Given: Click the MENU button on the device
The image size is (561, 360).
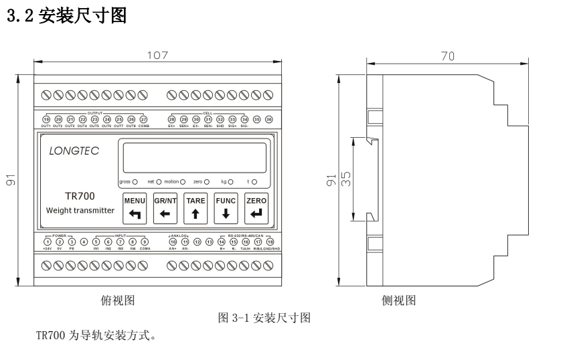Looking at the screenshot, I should click(x=135, y=207).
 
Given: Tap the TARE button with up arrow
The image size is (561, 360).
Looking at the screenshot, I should click(x=195, y=207).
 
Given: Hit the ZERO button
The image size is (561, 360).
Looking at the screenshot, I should click(x=256, y=207).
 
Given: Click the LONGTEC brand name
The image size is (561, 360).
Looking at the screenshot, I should click(x=73, y=151).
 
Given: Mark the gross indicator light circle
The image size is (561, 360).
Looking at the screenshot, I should click(x=135, y=181).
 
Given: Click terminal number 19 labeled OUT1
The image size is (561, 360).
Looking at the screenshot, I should click(x=46, y=119).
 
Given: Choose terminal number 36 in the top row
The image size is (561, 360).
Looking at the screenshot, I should click(x=269, y=119).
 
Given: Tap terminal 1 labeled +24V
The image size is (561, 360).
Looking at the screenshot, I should click(x=47, y=242).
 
